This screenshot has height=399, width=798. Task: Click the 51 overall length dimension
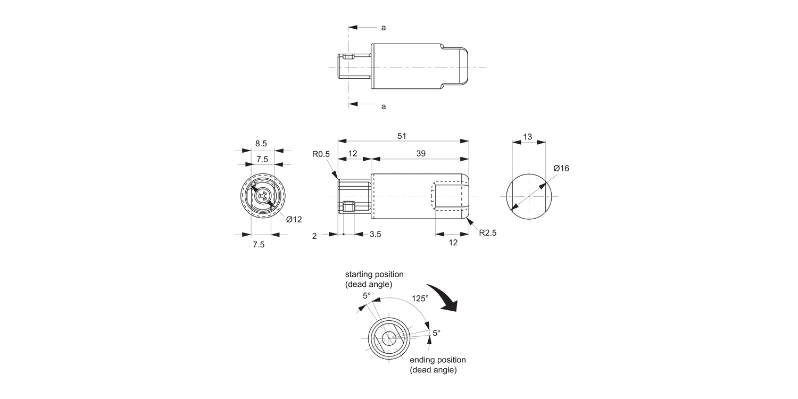pyautogui.click(x=402, y=136)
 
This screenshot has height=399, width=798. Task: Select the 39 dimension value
pyautogui.click(x=420, y=153)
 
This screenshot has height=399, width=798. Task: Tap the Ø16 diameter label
pyautogui.click(x=561, y=168)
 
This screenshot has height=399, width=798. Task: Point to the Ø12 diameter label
pyautogui.click(x=294, y=219)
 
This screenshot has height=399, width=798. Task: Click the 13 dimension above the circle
pyautogui.click(x=527, y=137)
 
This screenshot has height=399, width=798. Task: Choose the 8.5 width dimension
pyautogui.click(x=261, y=143)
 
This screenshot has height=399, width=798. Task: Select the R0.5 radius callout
pyautogui.click(x=321, y=154)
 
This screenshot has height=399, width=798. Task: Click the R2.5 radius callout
pyautogui.click(x=487, y=232)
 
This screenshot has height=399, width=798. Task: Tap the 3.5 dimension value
pyautogui.click(x=375, y=234)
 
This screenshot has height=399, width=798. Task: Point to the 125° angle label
pyautogui.click(x=420, y=298)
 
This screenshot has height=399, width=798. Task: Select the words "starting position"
pyautogui.click(x=374, y=275)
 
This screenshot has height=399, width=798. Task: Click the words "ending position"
pyautogui.click(x=437, y=360)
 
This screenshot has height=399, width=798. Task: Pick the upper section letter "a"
pyautogui.click(x=384, y=27)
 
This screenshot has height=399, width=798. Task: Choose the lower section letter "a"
pyautogui.click(x=384, y=106)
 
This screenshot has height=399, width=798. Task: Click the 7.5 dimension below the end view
pyautogui.click(x=259, y=245)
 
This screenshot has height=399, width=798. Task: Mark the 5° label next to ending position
pyautogui.click(x=436, y=333)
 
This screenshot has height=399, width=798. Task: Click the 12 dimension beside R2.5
pyautogui.click(x=453, y=243)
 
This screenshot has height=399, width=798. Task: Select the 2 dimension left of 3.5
pyautogui.click(x=314, y=235)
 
